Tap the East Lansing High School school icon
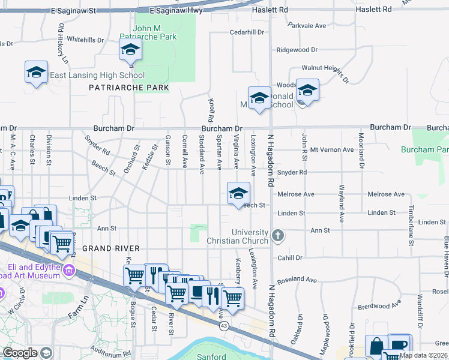click(x=37, y=73)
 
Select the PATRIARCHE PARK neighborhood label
click(x=128, y=88)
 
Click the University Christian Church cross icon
click(x=277, y=235)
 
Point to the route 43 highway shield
click(x=223, y=326)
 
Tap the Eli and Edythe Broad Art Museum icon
click(x=69, y=271)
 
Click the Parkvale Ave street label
click(x=306, y=26)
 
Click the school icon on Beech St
click(x=238, y=193)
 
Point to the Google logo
click(x=20, y=353)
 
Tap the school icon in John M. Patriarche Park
click(x=130, y=50)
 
